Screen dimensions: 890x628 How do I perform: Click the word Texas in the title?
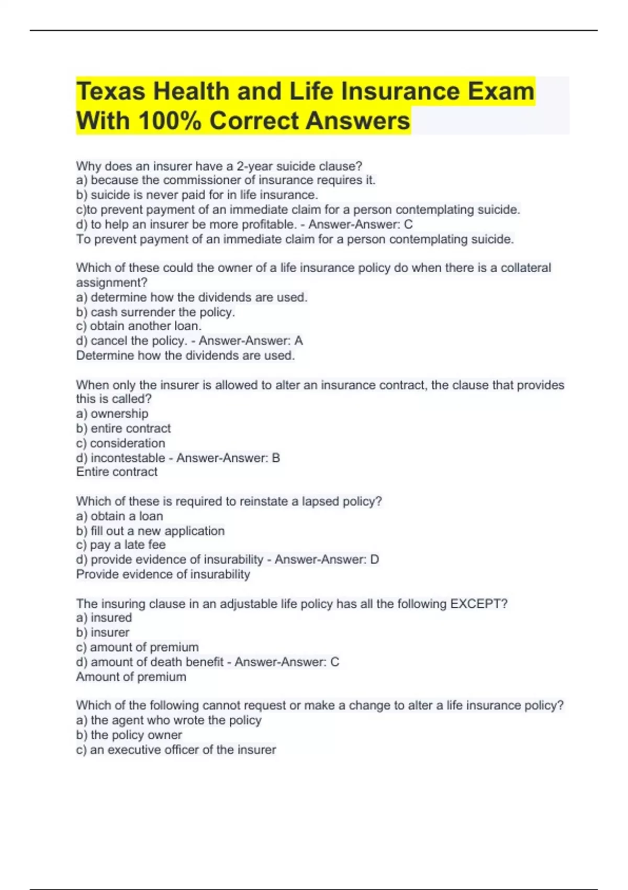click(x=110, y=92)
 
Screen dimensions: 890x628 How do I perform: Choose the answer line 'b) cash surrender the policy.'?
click(x=155, y=313)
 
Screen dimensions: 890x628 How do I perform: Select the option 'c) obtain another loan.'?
click(x=139, y=326)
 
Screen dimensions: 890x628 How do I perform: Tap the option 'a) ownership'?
click(x=112, y=414)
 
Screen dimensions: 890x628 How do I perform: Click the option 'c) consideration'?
click(x=120, y=443)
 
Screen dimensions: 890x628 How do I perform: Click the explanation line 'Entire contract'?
click(x=117, y=472)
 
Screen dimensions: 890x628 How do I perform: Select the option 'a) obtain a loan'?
click(x=119, y=516)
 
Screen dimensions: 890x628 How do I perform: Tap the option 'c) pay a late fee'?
click(x=121, y=545)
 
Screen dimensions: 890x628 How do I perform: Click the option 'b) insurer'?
click(x=103, y=632)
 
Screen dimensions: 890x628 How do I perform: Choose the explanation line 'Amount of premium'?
click(x=131, y=677)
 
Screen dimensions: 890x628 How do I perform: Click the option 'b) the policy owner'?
click(x=129, y=735)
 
